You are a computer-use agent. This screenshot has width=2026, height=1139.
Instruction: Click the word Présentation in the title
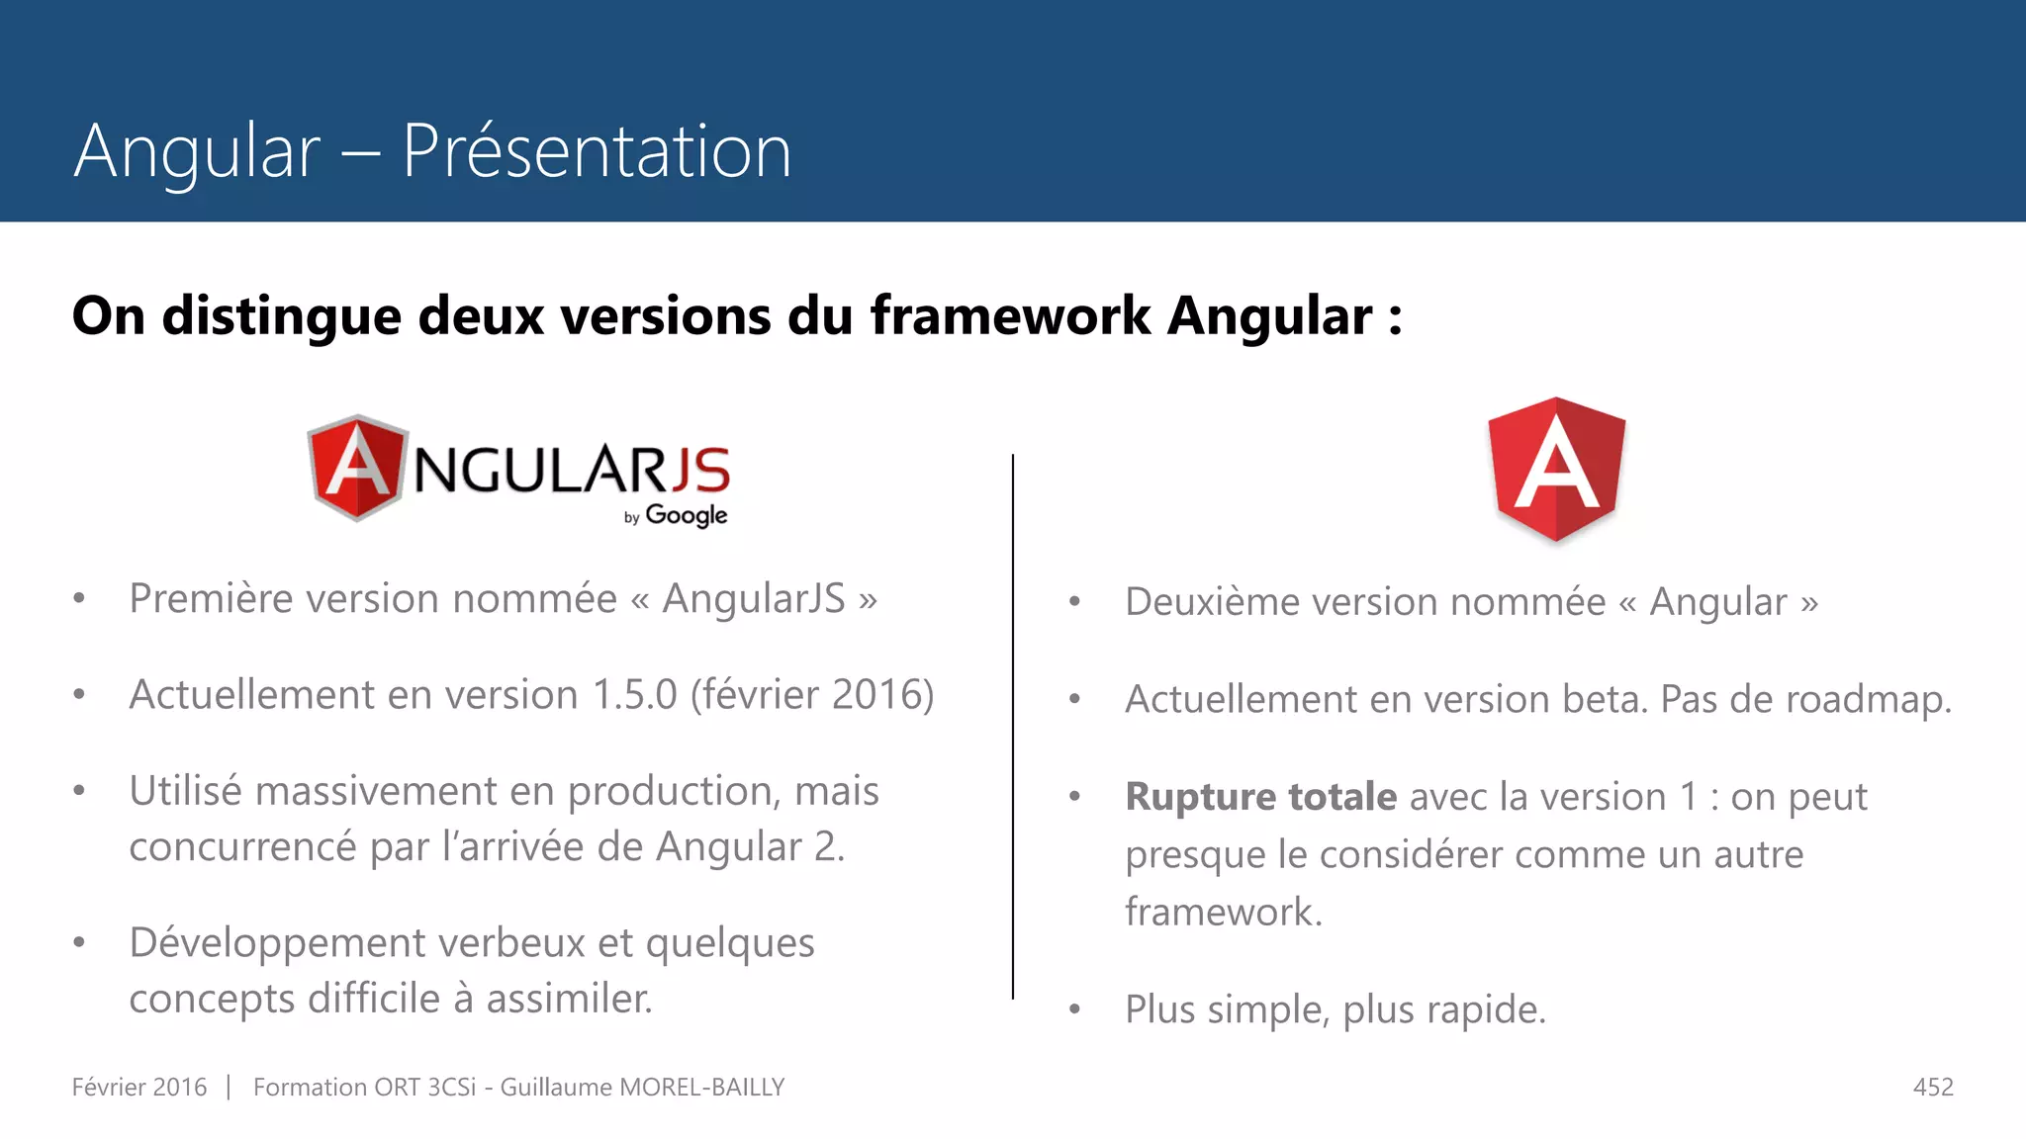pyautogui.click(x=597, y=151)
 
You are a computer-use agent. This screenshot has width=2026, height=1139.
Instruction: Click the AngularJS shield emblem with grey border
pyautogui.click(x=357, y=468)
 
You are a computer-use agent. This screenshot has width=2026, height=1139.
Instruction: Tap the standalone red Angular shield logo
pyautogui.click(x=1556, y=469)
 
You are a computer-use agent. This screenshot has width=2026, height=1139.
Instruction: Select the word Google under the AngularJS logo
pyautogui.click(x=687, y=515)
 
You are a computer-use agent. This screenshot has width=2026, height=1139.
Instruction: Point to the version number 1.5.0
pyautogui.click(x=634, y=695)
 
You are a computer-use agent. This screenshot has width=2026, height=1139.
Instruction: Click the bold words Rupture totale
pyautogui.click(x=1260, y=797)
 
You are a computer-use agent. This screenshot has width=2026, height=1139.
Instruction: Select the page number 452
pyautogui.click(x=1933, y=1088)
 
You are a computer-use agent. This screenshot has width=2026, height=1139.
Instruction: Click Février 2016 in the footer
pyautogui.click(x=139, y=1088)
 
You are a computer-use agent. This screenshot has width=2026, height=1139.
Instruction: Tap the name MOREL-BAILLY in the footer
pyautogui.click(x=701, y=1088)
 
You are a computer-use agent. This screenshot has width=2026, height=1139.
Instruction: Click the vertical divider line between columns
pyautogui.click(x=1013, y=727)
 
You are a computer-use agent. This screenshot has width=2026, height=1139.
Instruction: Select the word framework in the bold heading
pyautogui.click(x=1010, y=316)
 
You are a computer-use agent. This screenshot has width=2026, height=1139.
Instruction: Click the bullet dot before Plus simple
pyautogui.click(x=1075, y=1010)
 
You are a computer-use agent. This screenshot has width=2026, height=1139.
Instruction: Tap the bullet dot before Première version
pyautogui.click(x=79, y=599)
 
